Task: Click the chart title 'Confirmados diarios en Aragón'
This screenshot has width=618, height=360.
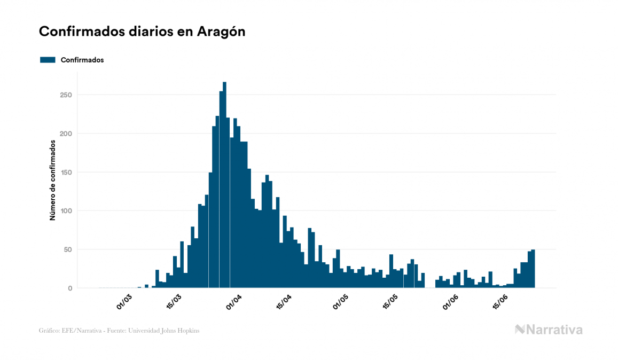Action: pyautogui.click(x=142, y=32)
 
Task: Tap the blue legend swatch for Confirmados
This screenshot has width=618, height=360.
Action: pyautogui.click(x=48, y=60)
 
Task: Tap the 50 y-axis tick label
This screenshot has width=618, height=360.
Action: pyautogui.click(x=67, y=249)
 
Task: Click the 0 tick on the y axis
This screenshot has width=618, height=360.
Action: pyautogui.click(x=69, y=288)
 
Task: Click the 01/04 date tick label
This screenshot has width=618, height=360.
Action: pyautogui.click(x=234, y=302)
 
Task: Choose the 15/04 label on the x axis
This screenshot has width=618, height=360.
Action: pyautogui.click(x=284, y=302)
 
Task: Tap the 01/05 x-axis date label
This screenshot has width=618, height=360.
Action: pyautogui.click(x=341, y=302)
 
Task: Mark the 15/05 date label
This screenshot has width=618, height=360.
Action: pyautogui.click(x=390, y=302)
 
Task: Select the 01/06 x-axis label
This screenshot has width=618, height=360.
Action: pyautogui.click(x=451, y=302)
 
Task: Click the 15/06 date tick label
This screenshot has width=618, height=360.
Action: pyautogui.click(x=500, y=302)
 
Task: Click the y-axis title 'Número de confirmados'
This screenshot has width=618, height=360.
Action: pyautogui.click(x=53, y=180)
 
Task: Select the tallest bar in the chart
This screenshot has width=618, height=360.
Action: pyautogui.click(x=224, y=187)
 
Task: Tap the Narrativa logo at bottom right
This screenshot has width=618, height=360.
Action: pyautogui.click(x=549, y=330)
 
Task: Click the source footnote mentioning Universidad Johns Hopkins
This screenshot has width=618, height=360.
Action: pyautogui.click(x=119, y=331)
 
